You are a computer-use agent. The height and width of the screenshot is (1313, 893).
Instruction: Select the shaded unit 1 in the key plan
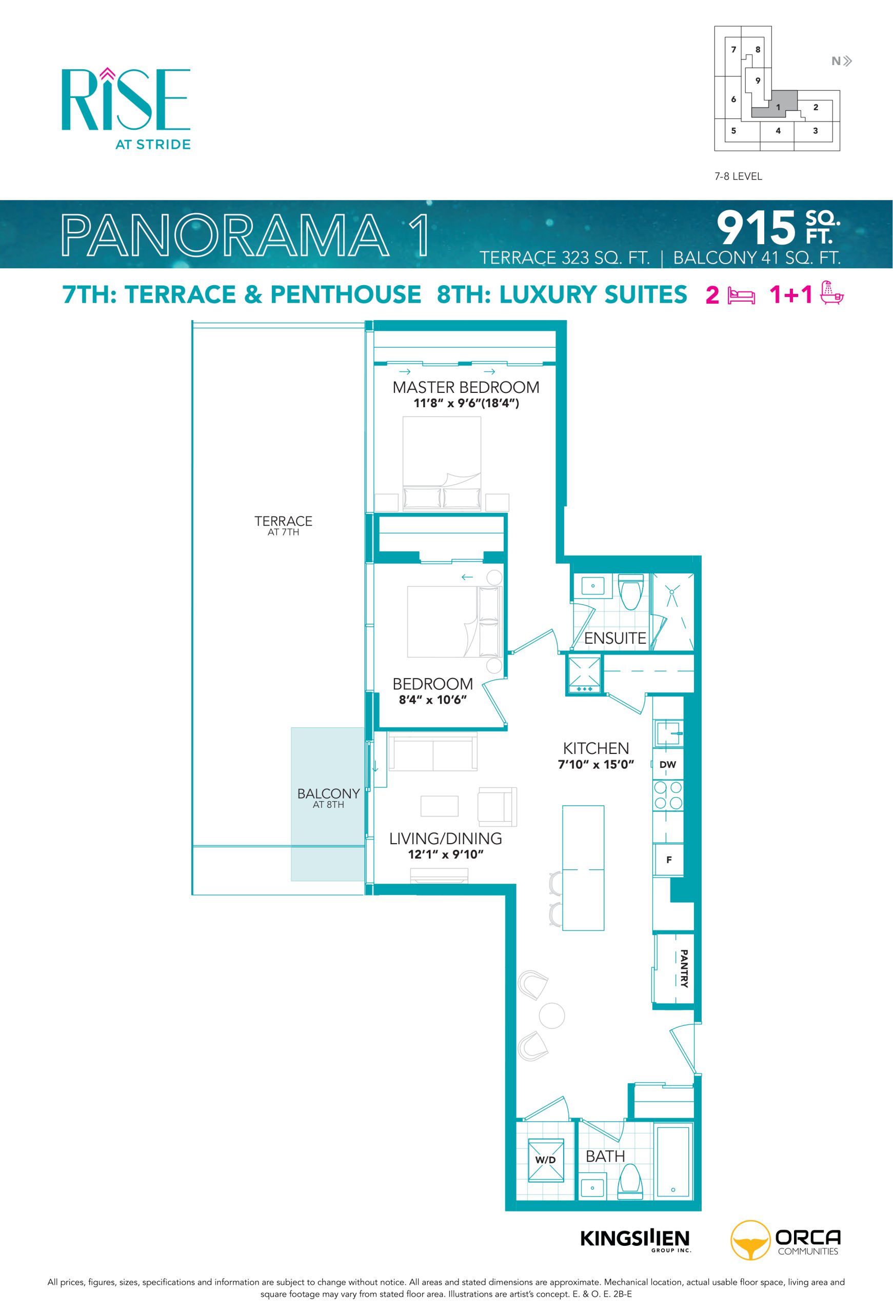point(774,104)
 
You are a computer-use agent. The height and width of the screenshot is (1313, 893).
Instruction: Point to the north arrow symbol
point(842,61)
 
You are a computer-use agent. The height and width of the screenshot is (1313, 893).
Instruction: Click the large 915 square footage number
point(756,228)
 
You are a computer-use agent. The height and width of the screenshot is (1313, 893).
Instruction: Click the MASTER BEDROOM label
point(465,388)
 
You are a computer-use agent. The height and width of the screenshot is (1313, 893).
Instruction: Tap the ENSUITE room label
point(614,639)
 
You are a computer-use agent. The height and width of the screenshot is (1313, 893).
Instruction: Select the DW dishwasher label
point(667,765)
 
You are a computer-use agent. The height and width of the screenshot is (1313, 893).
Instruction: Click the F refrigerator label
point(669,860)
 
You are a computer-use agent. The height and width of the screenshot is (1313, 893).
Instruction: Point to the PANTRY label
point(683,968)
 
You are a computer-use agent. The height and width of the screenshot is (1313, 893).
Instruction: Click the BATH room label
point(605,1157)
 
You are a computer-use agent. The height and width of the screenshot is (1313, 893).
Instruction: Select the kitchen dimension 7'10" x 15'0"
point(596,765)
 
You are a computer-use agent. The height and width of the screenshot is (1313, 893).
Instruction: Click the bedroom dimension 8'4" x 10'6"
point(433,700)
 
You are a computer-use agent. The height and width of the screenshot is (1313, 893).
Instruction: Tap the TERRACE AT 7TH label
point(283,525)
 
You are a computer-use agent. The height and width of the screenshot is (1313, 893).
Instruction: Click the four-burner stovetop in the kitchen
point(668,795)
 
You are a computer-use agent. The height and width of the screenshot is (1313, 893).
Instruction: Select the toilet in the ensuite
point(631,591)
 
